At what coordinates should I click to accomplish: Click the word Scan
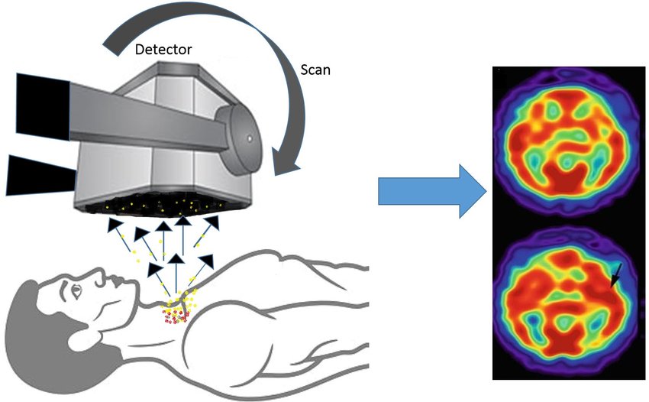pos(313,70)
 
